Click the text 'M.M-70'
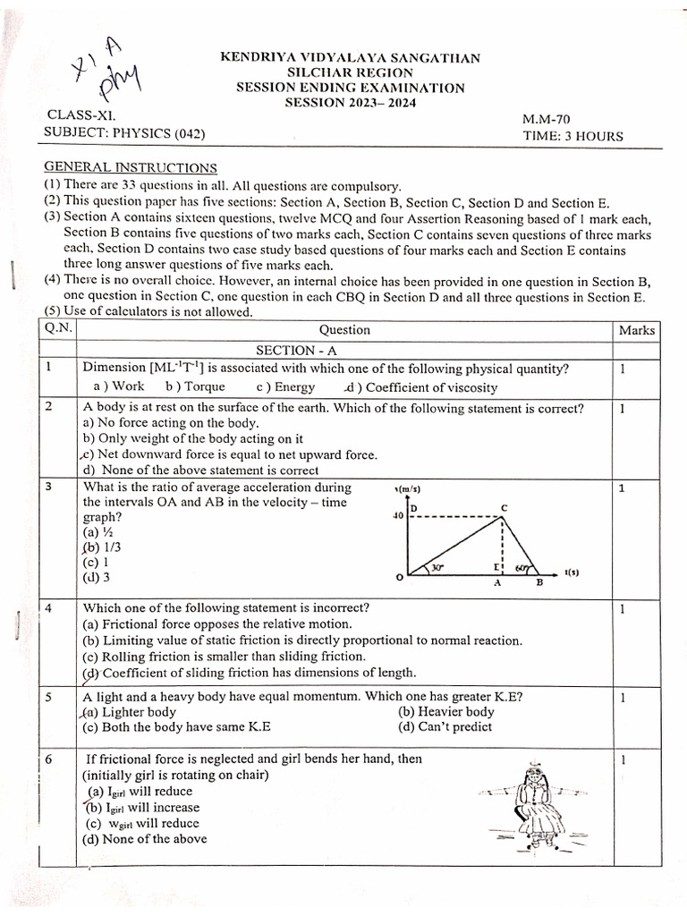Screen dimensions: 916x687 click(x=545, y=119)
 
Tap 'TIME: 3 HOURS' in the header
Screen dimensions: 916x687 click(x=573, y=136)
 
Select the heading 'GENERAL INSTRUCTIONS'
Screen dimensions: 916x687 click(x=131, y=167)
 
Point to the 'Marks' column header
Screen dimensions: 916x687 click(x=637, y=330)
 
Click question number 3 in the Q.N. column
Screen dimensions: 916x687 click(x=48, y=488)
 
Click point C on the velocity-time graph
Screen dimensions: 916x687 click(x=505, y=507)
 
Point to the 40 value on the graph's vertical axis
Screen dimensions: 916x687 click(x=398, y=516)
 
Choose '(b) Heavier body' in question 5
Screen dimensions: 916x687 click(x=445, y=712)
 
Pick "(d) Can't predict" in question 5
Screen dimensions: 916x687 click(x=445, y=727)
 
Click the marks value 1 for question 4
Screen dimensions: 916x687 click(x=622, y=609)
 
